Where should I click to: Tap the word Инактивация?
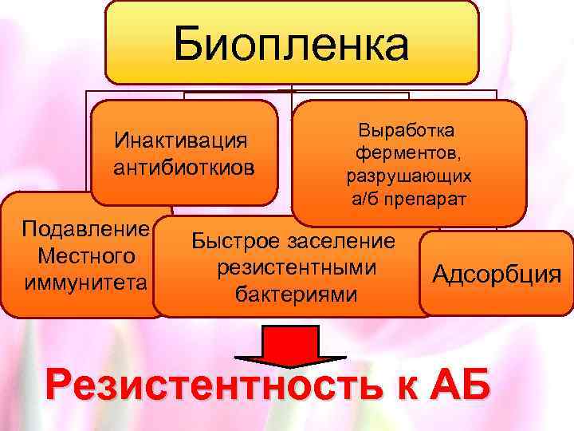click(x=180, y=140)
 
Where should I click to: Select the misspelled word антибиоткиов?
click(x=185, y=168)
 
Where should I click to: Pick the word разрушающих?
click(x=408, y=175)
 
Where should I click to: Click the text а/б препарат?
click(x=408, y=198)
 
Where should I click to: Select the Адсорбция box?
click(x=497, y=274)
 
